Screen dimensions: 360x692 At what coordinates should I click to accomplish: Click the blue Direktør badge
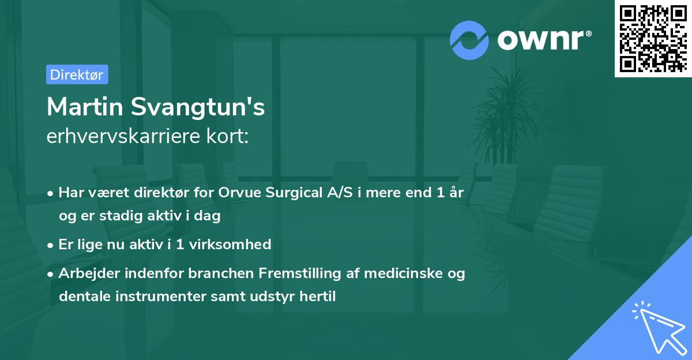coord(77,74)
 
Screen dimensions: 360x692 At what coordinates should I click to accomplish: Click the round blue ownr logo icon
coord(469,40)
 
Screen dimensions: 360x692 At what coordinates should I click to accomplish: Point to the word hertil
coord(318,297)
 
